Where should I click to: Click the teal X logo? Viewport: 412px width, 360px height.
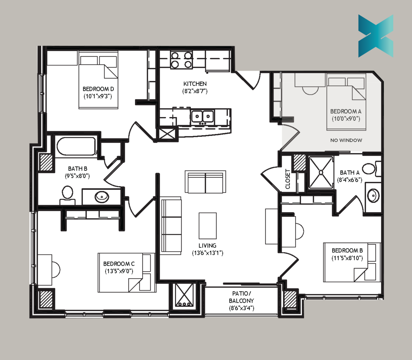tap(376, 36)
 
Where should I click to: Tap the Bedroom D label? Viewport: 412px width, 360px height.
tap(98, 89)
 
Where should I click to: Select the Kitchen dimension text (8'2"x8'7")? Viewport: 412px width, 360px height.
tap(195, 91)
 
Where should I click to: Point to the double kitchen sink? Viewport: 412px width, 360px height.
tap(202, 116)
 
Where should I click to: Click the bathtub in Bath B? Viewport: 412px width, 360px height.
tap(76, 146)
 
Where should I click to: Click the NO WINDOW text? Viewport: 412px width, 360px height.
tap(346, 140)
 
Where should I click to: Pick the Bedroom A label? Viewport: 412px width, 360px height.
tap(346, 111)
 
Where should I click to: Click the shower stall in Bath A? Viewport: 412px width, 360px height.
tap(321, 172)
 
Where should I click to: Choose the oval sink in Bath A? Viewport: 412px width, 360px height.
tap(373, 195)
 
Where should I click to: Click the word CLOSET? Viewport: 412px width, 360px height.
tap(288, 179)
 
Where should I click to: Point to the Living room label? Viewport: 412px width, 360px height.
tap(207, 246)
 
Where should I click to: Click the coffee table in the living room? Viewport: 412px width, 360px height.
tap(208, 226)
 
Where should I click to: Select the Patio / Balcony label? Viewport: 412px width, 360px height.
tap(241, 297)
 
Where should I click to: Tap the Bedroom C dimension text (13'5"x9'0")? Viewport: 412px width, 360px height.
tap(119, 271)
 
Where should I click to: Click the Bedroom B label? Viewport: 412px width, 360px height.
tap(347, 250)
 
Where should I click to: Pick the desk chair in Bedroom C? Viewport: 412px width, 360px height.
tap(56, 270)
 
